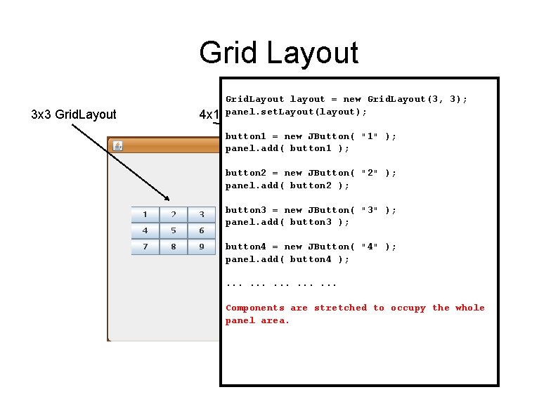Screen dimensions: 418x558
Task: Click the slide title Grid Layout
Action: point(278,53)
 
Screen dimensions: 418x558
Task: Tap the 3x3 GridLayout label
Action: point(74,114)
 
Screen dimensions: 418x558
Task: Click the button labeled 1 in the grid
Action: point(145,214)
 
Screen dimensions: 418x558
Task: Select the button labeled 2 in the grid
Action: point(173,214)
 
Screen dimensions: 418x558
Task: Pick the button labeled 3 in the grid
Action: point(202,214)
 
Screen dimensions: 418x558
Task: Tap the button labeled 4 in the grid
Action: point(145,230)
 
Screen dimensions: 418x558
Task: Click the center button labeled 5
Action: point(173,230)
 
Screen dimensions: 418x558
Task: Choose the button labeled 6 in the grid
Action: point(202,230)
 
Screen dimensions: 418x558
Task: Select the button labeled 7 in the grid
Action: point(145,247)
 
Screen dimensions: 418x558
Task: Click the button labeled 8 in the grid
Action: point(173,247)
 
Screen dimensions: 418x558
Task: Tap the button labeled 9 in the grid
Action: point(202,247)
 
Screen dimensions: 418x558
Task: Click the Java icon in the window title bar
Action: point(118,146)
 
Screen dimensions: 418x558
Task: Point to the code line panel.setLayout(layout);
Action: point(296,112)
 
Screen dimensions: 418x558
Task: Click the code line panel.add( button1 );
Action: point(287,148)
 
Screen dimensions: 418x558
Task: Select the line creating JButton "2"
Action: point(311,173)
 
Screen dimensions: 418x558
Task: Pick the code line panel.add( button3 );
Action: point(287,222)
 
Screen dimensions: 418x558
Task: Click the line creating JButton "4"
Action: point(311,247)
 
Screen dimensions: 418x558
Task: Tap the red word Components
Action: point(255,308)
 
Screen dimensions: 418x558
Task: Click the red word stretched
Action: point(340,308)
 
